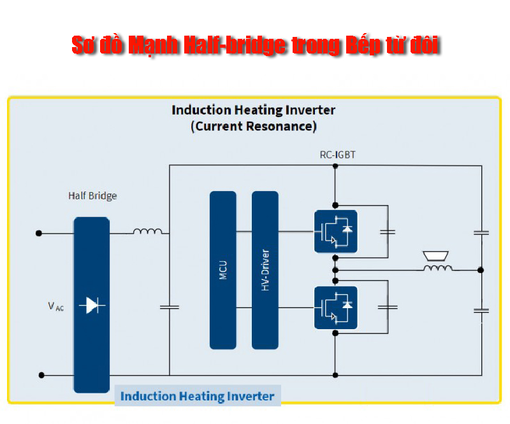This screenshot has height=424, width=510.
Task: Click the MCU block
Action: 222,270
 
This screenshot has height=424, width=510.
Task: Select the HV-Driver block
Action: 265,270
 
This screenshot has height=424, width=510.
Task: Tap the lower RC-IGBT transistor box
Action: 335,307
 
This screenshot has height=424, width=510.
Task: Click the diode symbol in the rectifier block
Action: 92,306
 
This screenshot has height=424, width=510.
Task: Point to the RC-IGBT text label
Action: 336,155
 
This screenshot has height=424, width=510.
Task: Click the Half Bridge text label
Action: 92,195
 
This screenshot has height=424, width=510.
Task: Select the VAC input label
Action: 56,306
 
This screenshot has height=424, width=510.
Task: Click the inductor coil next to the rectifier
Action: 147,231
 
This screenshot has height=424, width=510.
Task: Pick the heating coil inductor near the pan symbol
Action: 438,269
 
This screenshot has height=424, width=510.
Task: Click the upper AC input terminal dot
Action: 40,233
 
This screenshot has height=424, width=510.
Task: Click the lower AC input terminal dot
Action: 41,375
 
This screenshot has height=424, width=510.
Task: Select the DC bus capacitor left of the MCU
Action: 170,307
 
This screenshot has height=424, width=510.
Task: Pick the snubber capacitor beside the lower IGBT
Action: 387,307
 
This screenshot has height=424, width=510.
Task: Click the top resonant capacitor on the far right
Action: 481,233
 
